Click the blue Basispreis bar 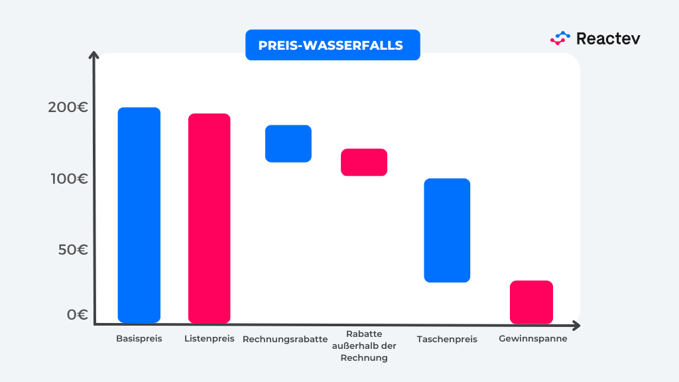(139, 215)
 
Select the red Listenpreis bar (209, 218)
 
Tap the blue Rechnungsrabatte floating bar (288, 143)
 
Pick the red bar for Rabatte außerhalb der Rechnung (364, 162)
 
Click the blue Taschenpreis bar (447, 230)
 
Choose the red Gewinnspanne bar (531, 302)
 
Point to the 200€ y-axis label (68, 107)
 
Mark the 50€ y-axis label (73, 250)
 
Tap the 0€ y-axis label (78, 314)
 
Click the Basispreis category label (139, 339)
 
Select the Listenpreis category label (210, 339)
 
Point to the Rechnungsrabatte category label (285, 340)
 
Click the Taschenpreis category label (447, 340)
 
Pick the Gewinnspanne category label (532, 339)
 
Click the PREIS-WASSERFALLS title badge (332, 45)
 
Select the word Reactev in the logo (608, 38)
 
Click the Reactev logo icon (560, 38)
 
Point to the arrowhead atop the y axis (95, 56)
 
